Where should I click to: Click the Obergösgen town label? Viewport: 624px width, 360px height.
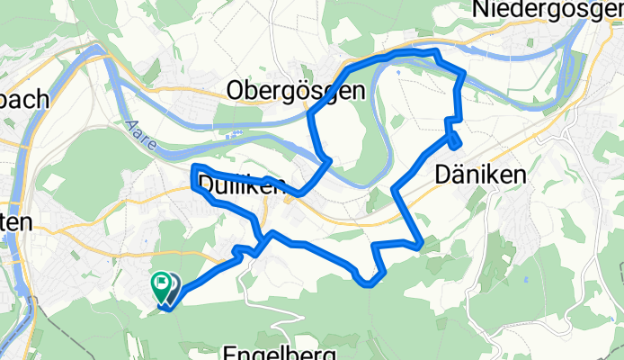coord(296,90)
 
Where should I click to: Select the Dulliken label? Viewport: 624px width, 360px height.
coord(239,185)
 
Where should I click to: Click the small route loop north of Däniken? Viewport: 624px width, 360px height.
coord(455,140)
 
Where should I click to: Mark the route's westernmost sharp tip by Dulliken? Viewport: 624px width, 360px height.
coord(194,168)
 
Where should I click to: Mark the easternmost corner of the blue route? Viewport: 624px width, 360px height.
coord(464,74)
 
